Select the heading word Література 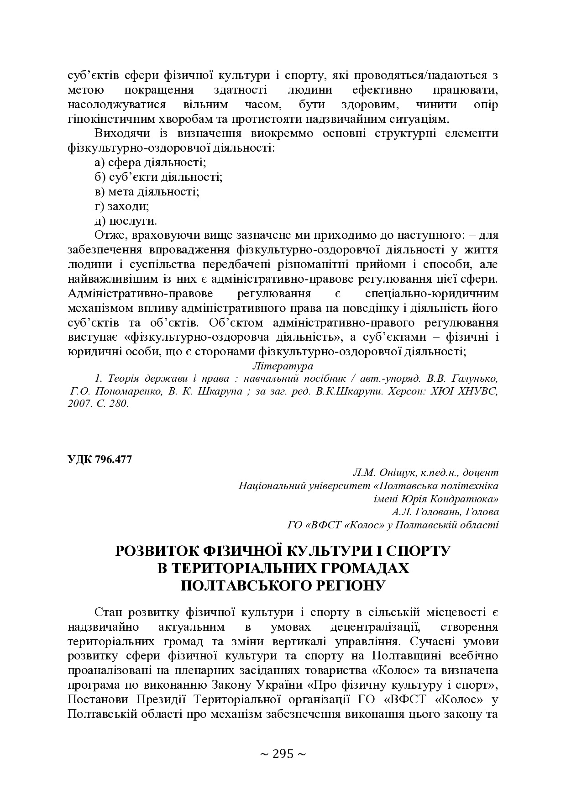(283, 366)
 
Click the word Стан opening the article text (109, 612)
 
